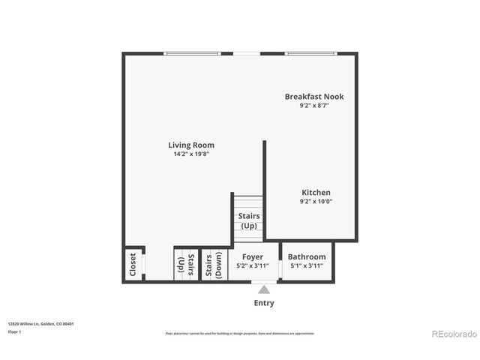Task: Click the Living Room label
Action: pyautogui.click(x=190, y=145)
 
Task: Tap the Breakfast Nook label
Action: pyautogui.click(x=314, y=96)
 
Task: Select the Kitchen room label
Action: pyautogui.click(x=316, y=193)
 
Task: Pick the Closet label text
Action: pyautogui.click(x=133, y=265)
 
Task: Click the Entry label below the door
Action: pyautogui.click(x=264, y=303)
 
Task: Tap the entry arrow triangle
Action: pyautogui.click(x=264, y=289)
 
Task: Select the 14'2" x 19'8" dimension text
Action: pyautogui.click(x=190, y=154)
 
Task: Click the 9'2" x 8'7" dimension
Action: pyautogui.click(x=314, y=105)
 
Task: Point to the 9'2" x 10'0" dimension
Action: pyautogui.click(x=316, y=201)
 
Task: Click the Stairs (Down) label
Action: pyautogui.click(x=214, y=265)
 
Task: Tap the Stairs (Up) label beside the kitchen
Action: pyautogui.click(x=249, y=220)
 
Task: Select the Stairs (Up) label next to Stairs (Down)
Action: pyautogui.click(x=185, y=265)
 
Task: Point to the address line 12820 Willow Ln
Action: pyautogui.click(x=41, y=324)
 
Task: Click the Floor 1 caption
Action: pyautogui.click(x=14, y=331)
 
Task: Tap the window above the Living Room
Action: pyautogui.click(x=193, y=53)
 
